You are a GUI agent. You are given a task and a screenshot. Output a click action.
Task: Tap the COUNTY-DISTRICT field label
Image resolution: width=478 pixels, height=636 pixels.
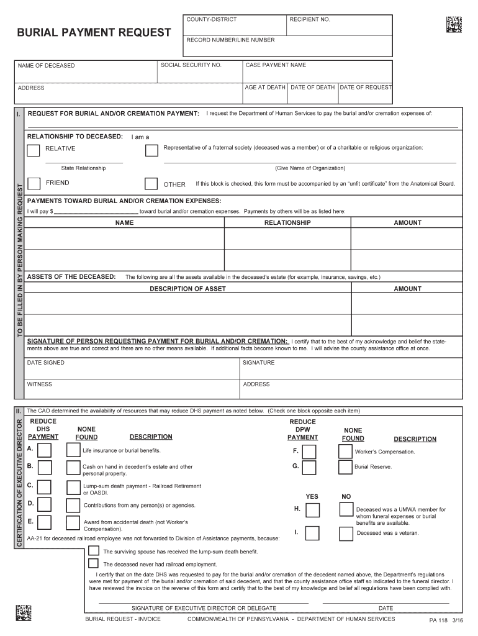[212, 20]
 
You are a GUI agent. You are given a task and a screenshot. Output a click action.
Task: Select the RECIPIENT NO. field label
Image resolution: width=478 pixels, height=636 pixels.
[310, 20]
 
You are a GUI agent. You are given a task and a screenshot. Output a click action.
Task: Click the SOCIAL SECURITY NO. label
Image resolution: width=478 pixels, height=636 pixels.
[191, 65]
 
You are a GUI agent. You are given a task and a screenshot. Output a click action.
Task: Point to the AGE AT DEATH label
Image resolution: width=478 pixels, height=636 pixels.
[265, 88]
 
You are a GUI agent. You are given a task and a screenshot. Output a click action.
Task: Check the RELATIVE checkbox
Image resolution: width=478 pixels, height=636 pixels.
[34, 150]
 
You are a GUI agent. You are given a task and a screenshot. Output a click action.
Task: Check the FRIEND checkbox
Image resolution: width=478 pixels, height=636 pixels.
[34, 184]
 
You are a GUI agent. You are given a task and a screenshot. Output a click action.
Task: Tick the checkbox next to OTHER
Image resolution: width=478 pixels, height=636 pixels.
[151, 184]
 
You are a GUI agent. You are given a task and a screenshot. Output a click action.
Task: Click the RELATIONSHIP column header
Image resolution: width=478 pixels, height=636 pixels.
[287, 222]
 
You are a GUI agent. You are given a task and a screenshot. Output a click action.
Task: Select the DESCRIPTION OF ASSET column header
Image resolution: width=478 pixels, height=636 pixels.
[187, 289]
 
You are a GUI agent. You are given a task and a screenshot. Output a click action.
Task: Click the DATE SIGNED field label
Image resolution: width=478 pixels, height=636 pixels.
[45, 363]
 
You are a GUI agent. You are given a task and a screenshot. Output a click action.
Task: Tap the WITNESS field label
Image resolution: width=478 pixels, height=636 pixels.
[40, 384]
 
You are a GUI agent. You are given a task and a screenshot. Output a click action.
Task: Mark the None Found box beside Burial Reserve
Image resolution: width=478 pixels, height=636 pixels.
[345, 468]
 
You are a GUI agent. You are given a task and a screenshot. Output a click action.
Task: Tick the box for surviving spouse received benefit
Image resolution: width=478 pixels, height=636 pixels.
[93, 550]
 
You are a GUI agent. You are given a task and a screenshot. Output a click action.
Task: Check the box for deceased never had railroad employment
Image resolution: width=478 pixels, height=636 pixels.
[93, 563]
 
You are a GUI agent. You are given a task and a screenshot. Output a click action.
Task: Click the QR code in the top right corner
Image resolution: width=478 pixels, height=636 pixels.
[454, 24]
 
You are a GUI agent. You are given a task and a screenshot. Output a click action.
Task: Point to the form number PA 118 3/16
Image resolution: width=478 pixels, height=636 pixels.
[446, 620]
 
